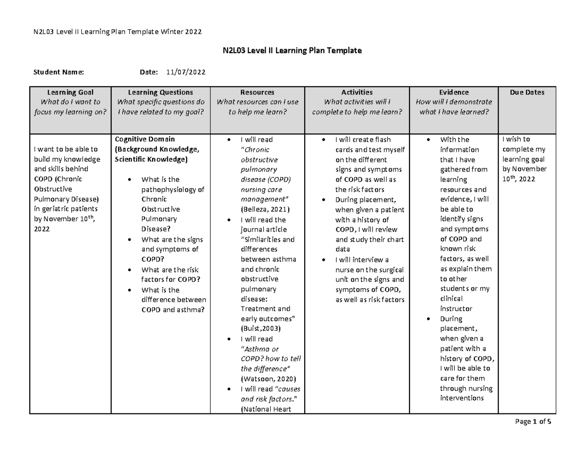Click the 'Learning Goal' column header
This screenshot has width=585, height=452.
[70, 92]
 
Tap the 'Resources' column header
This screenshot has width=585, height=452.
[257, 92]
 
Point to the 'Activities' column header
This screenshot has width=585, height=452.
[357, 92]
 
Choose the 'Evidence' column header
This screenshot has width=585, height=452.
[453, 92]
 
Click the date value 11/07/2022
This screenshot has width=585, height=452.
[186, 72]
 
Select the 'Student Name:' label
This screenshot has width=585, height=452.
[58, 72]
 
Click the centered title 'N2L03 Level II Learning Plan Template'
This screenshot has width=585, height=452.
[292, 50]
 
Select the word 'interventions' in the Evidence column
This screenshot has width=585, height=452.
[461, 398]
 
